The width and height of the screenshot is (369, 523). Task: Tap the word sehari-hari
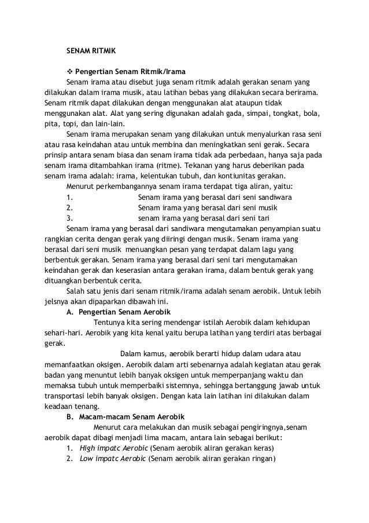click(62, 333)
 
